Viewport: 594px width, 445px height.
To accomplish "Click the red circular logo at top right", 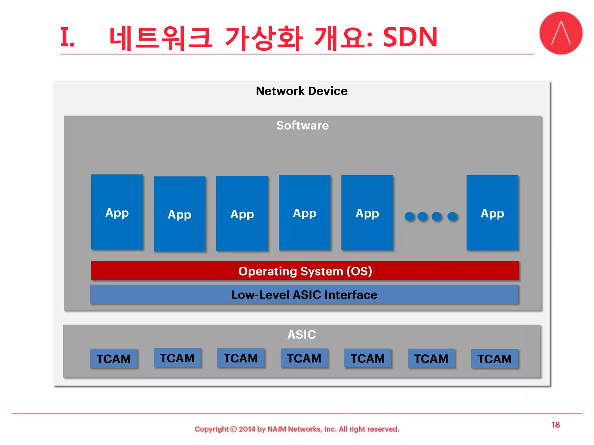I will (561, 33).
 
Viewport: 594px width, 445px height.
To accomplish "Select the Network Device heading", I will (302, 91).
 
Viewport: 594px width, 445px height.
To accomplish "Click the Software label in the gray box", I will (302, 125).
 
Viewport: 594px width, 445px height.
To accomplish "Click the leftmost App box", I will (117, 212).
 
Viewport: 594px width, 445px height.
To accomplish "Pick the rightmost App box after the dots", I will (492, 213).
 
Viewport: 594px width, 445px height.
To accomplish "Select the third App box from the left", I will (242, 213).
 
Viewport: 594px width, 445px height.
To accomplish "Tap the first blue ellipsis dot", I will (410, 216).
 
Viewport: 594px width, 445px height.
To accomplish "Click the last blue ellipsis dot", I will (452, 216).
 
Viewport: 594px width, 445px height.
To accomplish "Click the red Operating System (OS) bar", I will (305, 271).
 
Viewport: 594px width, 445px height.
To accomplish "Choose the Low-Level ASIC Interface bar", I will (304, 295).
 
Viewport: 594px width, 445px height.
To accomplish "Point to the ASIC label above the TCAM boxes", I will (302, 335).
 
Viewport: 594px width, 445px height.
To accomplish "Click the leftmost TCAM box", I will (114, 359).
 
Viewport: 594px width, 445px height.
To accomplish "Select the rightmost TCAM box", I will (495, 359).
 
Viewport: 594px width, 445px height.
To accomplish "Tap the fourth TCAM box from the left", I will (304, 358).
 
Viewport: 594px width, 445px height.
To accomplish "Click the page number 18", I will (555, 425).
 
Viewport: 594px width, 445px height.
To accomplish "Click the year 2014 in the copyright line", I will (247, 429).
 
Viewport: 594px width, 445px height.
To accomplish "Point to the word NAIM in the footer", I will (277, 429).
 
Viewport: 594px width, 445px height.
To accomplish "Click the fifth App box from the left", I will (367, 213).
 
